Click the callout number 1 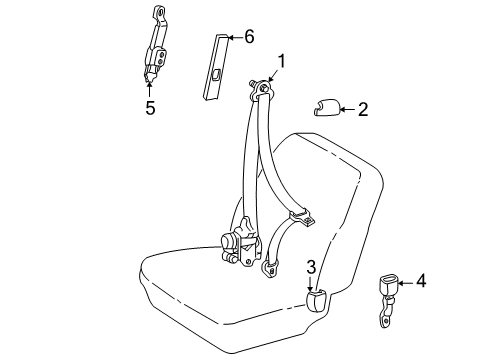pos(282,62)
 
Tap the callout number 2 pos(363,109)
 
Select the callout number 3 pos(311,267)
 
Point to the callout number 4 pos(421,281)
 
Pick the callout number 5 pos(150,108)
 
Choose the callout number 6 pos(249,36)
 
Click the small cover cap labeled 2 pos(326,107)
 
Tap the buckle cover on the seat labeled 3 pos(316,300)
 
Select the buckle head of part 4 pos(388,285)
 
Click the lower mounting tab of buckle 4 pos(385,321)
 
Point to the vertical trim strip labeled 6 pos(215,66)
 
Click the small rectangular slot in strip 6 pos(216,75)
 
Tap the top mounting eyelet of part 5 pos(161,13)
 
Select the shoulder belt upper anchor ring pos(263,88)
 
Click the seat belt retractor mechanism pos(240,242)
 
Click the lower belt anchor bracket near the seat pos(271,267)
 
